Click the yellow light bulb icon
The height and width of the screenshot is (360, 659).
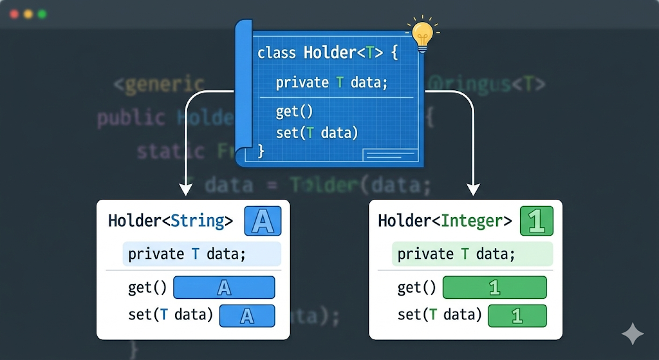tap(422, 36)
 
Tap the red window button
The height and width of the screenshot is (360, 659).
tap(14, 14)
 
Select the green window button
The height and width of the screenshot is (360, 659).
tap(42, 14)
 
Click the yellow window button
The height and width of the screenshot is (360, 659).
tap(28, 14)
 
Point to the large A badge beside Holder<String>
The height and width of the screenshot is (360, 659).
tap(263, 221)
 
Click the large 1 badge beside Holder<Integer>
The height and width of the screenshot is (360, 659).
tap(535, 221)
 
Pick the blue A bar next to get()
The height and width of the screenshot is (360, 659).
tap(224, 287)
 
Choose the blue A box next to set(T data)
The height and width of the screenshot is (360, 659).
tap(247, 316)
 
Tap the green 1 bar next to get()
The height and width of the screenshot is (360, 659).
tap(494, 287)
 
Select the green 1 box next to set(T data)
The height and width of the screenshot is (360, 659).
tap(517, 316)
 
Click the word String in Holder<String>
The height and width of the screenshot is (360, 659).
tap(198, 221)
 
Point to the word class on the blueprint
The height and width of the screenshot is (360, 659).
tap(272, 53)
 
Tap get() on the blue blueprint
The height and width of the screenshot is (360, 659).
tap(294, 111)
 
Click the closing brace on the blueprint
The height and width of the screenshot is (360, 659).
tap(261, 151)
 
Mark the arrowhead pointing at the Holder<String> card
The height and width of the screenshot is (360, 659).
tap(185, 190)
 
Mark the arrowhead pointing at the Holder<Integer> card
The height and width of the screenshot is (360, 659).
tap(473, 190)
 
